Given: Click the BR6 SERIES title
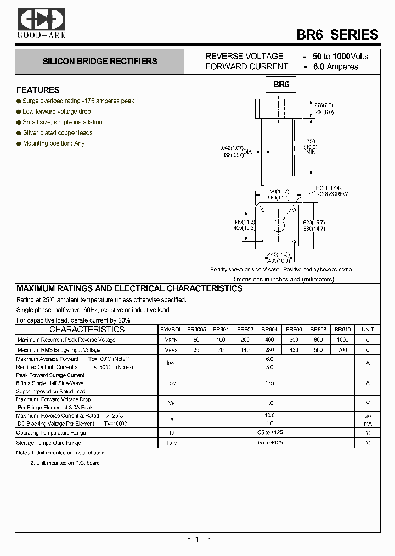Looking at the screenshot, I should tap(337, 34).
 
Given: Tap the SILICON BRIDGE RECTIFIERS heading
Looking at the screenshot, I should tap(100, 62).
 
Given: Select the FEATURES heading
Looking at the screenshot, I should tap(38, 90).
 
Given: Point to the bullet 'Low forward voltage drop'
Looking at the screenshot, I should tap(57, 112).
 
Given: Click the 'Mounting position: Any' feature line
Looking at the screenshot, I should tap(54, 143).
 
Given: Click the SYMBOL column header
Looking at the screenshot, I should tap(171, 330).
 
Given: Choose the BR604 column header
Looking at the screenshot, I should tap(269, 330).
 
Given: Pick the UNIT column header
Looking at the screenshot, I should tap(368, 330).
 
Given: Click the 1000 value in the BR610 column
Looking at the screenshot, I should tap(343, 340).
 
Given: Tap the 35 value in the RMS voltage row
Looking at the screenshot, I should tap(196, 350).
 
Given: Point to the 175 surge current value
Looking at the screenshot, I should tap(269, 382).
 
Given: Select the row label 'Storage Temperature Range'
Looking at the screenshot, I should tap(48, 443).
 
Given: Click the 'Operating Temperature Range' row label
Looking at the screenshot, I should tap(51, 433).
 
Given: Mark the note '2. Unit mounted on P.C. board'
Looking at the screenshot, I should tap(65, 463).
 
